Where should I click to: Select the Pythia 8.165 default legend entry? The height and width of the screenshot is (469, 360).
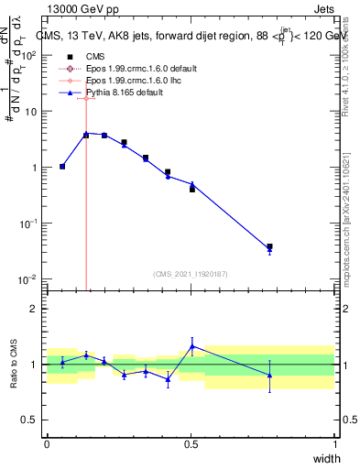click(115, 93)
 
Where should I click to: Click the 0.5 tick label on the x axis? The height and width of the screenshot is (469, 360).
click(191, 443)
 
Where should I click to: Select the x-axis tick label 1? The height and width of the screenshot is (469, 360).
click(335, 443)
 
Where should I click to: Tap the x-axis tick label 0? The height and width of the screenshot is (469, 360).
click(47, 443)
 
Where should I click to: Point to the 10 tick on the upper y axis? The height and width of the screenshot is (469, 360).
click(31, 111)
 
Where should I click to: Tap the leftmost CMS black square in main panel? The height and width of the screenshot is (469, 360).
click(62, 166)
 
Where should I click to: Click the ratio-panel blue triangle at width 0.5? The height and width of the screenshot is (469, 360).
click(192, 345)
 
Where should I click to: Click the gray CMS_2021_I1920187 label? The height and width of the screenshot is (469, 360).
click(191, 273)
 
